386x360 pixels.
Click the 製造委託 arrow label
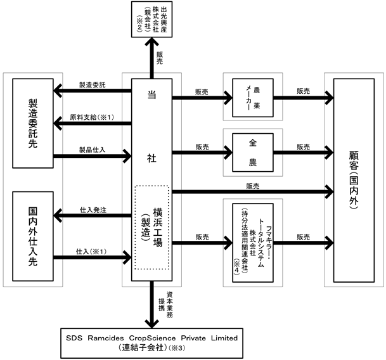93,85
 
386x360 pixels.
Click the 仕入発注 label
93,209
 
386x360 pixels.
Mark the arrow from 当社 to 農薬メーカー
202,98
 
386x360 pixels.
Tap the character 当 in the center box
152,94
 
